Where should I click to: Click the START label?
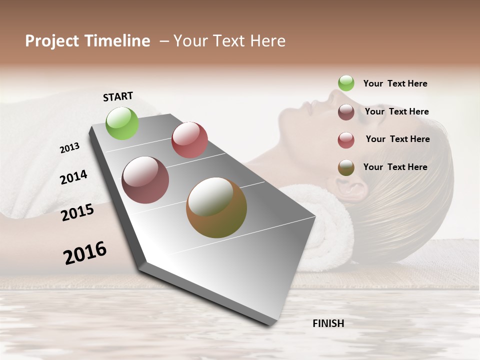pyautogui.click(x=118, y=96)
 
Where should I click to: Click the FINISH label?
pyautogui.click(x=328, y=323)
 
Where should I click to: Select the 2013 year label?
pyautogui.click(x=69, y=148)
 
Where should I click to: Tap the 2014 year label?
pyautogui.click(x=73, y=177)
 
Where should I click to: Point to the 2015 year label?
pyautogui.click(x=77, y=212)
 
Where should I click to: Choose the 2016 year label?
pyautogui.click(x=85, y=253)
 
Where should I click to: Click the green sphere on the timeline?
pyautogui.click(x=122, y=123)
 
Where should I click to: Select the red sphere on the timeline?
pyautogui.click(x=189, y=140)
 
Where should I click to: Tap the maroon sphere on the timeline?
pyautogui.click(x=145, y=180)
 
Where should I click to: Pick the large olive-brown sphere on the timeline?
pyautogui.click(x=216, y=207)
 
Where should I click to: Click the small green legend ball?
pyautogui.click(x=346, y=83)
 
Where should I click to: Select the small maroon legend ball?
pyautogui.click(x=346, y=112)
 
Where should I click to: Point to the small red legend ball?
pyautogui.click(x=346, y=140)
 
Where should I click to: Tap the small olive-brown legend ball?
pyautogui.click(x=346, y=167)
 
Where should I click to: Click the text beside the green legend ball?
pyautogui.click(x=395, y=84)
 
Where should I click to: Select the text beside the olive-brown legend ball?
pyautogui.click(x=395, y=167)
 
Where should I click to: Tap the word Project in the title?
pyautogui.click(x=52, y=41)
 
